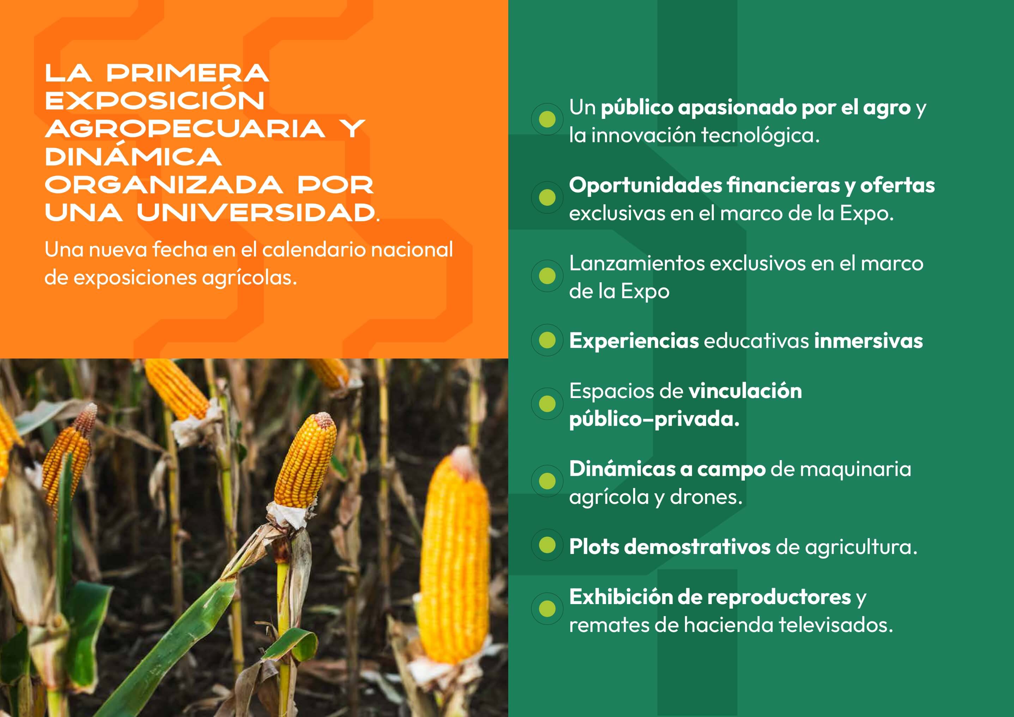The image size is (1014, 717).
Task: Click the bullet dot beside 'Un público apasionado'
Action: [547, 119]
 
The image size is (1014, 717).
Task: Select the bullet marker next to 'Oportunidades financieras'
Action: [547, 198]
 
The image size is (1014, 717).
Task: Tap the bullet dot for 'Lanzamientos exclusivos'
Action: [547, 276]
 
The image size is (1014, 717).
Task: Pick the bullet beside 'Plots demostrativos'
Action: [547, 545]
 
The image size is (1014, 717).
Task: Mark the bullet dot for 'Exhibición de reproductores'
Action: [547, 608]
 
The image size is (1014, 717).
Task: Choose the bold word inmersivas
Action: [868, 341]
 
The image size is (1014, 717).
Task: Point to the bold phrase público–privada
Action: [654, 419]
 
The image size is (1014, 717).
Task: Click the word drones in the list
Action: [706, 497]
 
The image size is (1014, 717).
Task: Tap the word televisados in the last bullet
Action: [835, 625]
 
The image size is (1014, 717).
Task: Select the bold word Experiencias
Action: [634, 341]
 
